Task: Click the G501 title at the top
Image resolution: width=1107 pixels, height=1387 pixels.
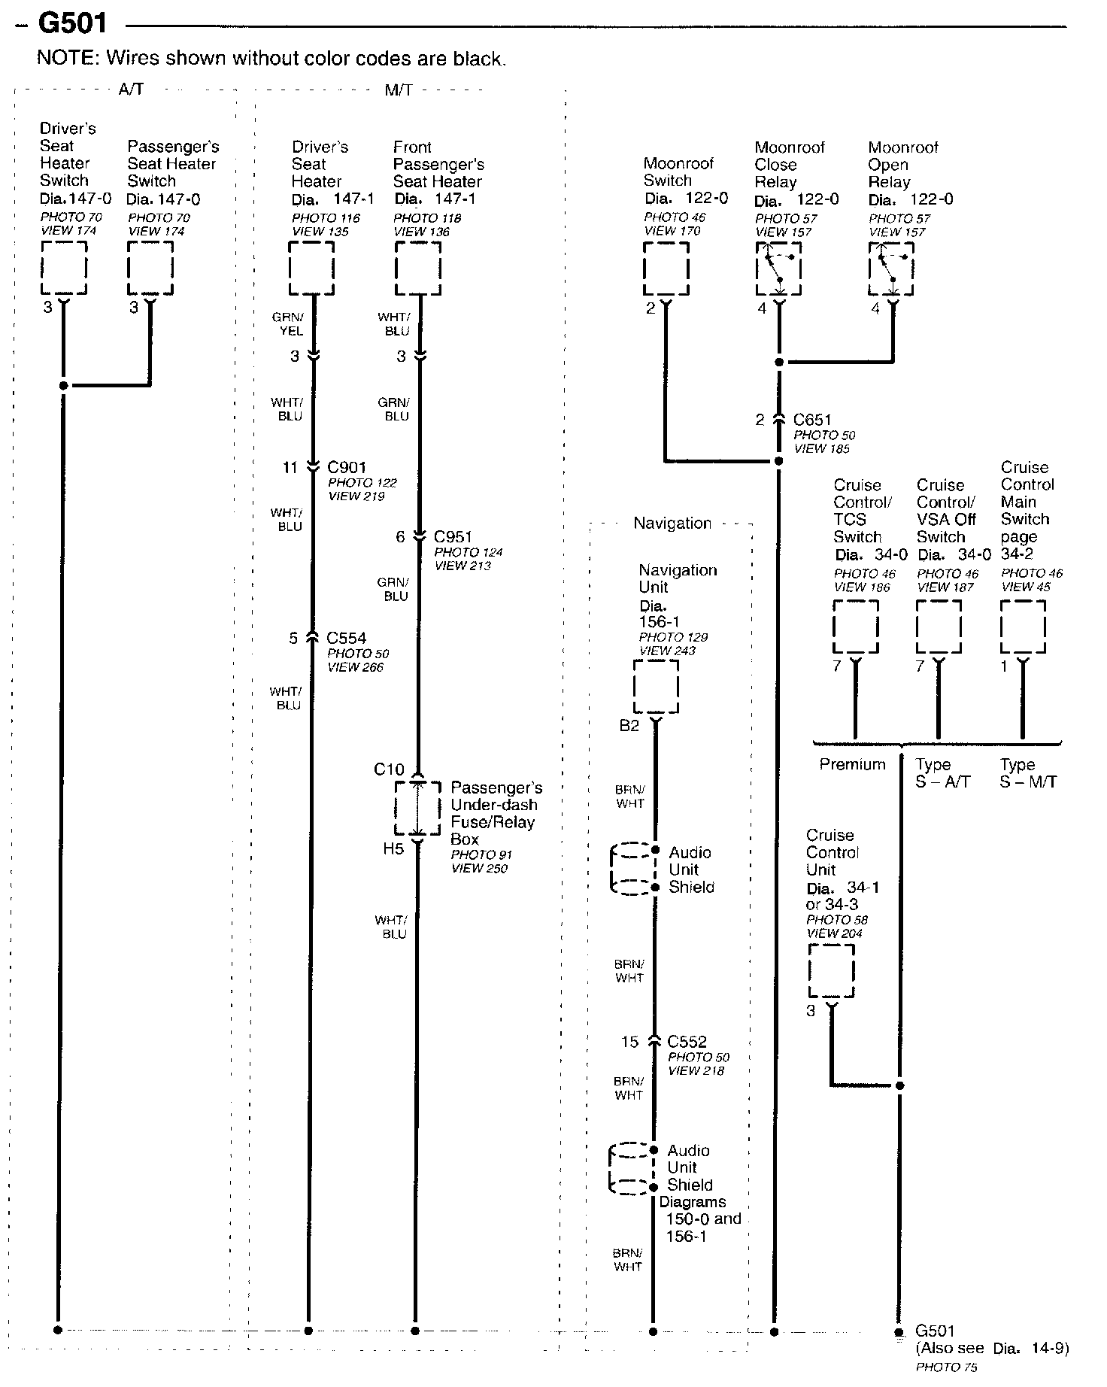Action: (x=72, y=23)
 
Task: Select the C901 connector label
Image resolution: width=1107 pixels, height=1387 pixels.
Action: (x=347, y=467)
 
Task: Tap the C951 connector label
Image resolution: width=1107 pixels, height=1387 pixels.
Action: (x=453, y=536)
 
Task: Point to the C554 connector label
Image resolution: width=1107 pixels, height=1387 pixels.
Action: (x=346, y=638)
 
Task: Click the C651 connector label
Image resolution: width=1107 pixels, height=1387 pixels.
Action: (x=812, y=420)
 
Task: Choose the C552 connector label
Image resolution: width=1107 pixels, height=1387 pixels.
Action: (x=687, y=1042)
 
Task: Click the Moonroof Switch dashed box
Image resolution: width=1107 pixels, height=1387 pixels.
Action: (x=666, y=269)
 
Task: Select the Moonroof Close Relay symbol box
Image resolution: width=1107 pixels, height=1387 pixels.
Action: (x=778, y=269)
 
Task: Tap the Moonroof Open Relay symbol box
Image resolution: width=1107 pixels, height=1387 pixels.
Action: (x=892, y=269)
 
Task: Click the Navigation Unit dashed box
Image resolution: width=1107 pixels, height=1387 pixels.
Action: (x=656, y=686)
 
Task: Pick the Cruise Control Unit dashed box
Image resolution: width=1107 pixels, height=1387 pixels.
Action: (x=831, y=970)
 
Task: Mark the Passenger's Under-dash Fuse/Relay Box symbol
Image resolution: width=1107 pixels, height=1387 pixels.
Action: (x=417, y=808)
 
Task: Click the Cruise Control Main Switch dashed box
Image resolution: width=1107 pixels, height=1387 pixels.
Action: (x=1023, y=626)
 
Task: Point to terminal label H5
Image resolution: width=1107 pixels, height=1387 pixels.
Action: (x=393, y=849)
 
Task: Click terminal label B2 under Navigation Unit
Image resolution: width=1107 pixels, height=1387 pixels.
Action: (x=629, y=726)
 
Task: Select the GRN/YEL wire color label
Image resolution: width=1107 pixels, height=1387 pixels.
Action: (x=289, y=324)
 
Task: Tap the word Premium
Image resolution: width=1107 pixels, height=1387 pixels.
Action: (x=852, y=764)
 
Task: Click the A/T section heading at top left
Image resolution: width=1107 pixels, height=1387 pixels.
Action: (x=131, y=90)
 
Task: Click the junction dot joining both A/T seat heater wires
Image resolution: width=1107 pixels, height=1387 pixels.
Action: (x=64, y=386)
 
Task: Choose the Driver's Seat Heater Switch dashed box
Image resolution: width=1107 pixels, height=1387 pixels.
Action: (x=64, y=268)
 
